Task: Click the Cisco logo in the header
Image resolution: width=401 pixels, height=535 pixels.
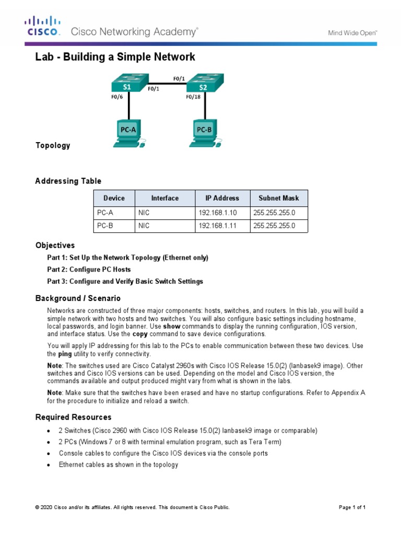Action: tap(43, 27)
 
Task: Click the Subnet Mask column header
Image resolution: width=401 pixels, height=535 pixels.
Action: tap(279, 198)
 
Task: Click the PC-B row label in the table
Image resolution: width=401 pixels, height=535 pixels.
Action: tap(105, 226)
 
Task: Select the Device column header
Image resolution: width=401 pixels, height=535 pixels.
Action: tap(114, 198)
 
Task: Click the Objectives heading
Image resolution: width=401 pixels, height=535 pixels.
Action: tap(55, 245)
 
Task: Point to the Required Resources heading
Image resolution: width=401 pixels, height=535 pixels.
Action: tap(73, 417)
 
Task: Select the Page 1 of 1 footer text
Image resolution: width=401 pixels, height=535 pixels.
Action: tap(352, 507)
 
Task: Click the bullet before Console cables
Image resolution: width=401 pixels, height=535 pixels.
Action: tap(49, 453)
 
